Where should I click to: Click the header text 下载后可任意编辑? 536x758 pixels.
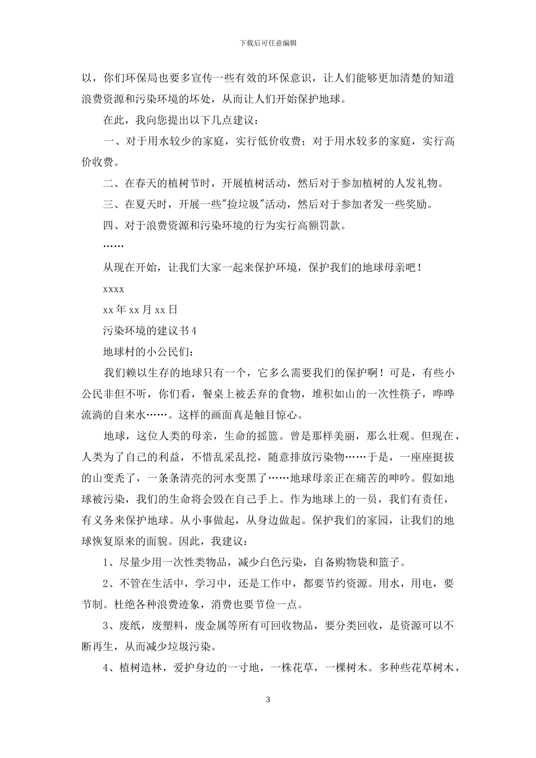[268, 42]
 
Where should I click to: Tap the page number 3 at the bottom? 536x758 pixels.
[268, 700]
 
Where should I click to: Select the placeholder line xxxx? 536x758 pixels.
[113, 289]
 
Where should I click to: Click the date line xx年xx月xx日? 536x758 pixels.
[140, 310]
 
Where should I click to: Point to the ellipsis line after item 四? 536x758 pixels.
[113, 246]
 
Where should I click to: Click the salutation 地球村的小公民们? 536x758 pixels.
[149, 351]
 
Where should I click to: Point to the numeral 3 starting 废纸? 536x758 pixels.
[106, 625]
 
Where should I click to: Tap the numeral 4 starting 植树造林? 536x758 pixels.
[106, 668]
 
